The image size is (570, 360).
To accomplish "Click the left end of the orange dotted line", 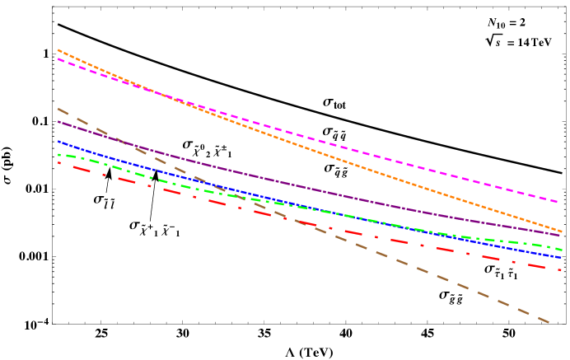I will [x=58, y=50].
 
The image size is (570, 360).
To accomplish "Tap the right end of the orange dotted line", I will [x=561, y=231].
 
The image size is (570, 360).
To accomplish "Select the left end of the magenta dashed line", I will [x=58, y=59].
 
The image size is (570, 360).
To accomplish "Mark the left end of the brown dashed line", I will [x=58, y=109].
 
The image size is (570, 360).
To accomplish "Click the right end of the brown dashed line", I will [x=549, y=322].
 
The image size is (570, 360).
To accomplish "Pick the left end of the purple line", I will [x=58, y=122].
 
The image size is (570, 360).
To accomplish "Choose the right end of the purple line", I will [x=561, y=236].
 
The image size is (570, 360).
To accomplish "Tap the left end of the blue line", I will [x=58, y=141].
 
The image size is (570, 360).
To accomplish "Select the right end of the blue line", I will [x=561, y=257].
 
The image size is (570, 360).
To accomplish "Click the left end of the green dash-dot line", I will [x=58, y=154].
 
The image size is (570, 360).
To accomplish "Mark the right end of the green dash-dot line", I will [x=561, y=249].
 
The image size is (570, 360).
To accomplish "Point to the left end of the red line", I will [x=58, y=162].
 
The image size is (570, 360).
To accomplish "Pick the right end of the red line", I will [x=560, y=269].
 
